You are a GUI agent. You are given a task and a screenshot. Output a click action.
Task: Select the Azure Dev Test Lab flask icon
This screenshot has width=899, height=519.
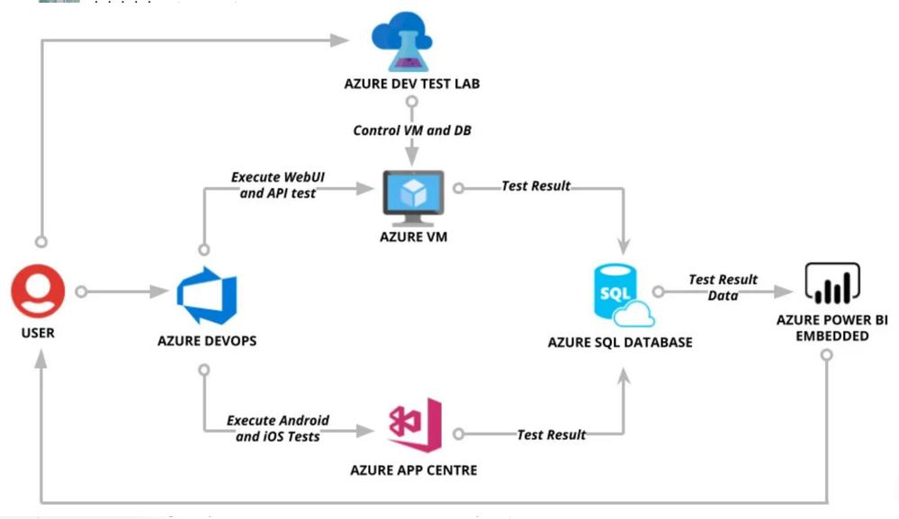pos(401,44)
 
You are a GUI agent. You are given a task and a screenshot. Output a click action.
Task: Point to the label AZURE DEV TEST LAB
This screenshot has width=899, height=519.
pos(412,85)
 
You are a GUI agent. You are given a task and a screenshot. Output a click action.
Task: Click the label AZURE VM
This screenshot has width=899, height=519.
pos(413,237)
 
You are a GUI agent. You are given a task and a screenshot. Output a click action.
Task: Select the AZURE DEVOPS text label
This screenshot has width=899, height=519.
pos(206,340)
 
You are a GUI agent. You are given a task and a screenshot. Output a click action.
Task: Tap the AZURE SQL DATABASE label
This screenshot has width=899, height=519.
pos(621,342)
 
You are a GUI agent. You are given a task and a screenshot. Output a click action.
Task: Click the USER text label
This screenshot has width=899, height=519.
pos(37,332)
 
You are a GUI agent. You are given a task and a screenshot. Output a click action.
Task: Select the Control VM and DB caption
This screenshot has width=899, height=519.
pos(412,130)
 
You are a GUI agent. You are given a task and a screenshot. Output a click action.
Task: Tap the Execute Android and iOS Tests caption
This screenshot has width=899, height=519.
pos(278,428)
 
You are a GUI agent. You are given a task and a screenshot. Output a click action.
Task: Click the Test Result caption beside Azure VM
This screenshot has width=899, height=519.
pos(536,186)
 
